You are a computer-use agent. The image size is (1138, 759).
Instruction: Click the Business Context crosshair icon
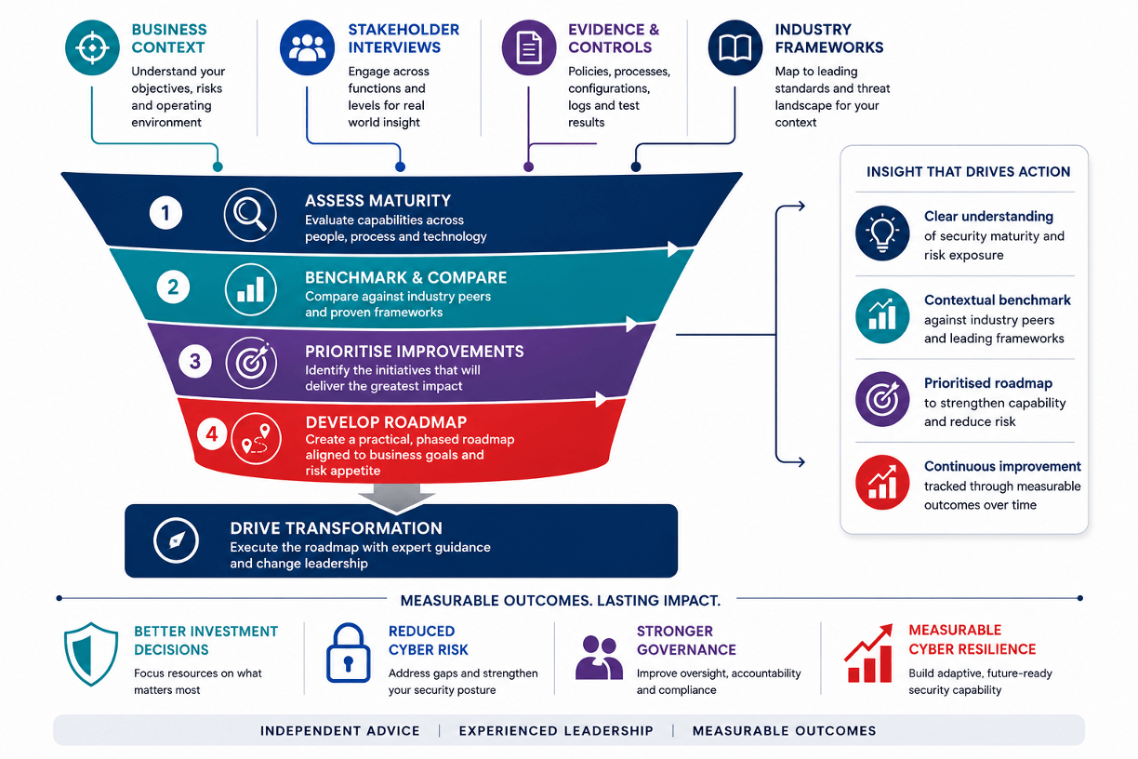coord(92,47)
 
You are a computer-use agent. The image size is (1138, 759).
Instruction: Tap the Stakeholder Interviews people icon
coord(307,47)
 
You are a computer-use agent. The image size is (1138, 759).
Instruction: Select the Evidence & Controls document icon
coord(529,47)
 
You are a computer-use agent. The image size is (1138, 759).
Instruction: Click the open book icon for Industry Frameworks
coord(735,47)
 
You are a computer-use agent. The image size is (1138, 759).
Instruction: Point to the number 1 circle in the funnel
coord(165,212)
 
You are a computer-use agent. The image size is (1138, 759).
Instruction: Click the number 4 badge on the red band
coord(212,433)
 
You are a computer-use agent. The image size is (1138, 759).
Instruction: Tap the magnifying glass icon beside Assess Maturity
coord(250,214)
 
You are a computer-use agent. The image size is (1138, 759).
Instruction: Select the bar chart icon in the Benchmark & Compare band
coord(250,290)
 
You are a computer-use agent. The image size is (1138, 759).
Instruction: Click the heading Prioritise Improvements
coord(414,352)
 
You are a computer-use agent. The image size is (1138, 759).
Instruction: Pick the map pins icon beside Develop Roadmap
coord(256,438)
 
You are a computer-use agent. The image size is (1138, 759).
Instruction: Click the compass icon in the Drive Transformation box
coord(176,540)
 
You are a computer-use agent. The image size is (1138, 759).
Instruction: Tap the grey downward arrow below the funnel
coord(396,498)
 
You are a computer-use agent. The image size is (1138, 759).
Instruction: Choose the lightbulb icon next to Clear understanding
coord(882,233)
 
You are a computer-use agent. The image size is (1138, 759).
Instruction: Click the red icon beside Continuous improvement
coord(882,483)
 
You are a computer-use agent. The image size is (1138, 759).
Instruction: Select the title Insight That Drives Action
coord(968,172)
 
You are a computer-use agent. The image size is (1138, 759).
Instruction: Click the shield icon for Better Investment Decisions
coord(91,654)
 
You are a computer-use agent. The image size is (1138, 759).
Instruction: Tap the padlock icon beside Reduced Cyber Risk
coord(348,653)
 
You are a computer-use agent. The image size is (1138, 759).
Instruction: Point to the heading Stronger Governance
coord(686,640)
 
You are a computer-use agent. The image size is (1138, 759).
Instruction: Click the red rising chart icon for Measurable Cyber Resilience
coord(868,653)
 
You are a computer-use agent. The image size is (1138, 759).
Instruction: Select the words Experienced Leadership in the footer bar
coord(556,730)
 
